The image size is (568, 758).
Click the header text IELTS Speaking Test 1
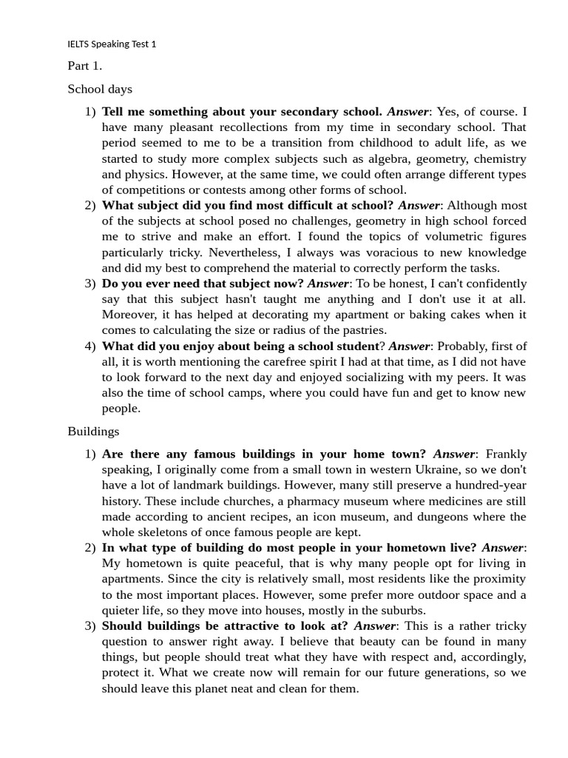[112, 44]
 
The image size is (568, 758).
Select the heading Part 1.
[84, 66]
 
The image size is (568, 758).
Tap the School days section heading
[100, 89]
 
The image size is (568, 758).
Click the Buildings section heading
[93, 431]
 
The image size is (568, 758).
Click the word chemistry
[500, 158]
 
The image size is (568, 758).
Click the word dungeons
[447, 517]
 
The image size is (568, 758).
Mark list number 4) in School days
[90, 346]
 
